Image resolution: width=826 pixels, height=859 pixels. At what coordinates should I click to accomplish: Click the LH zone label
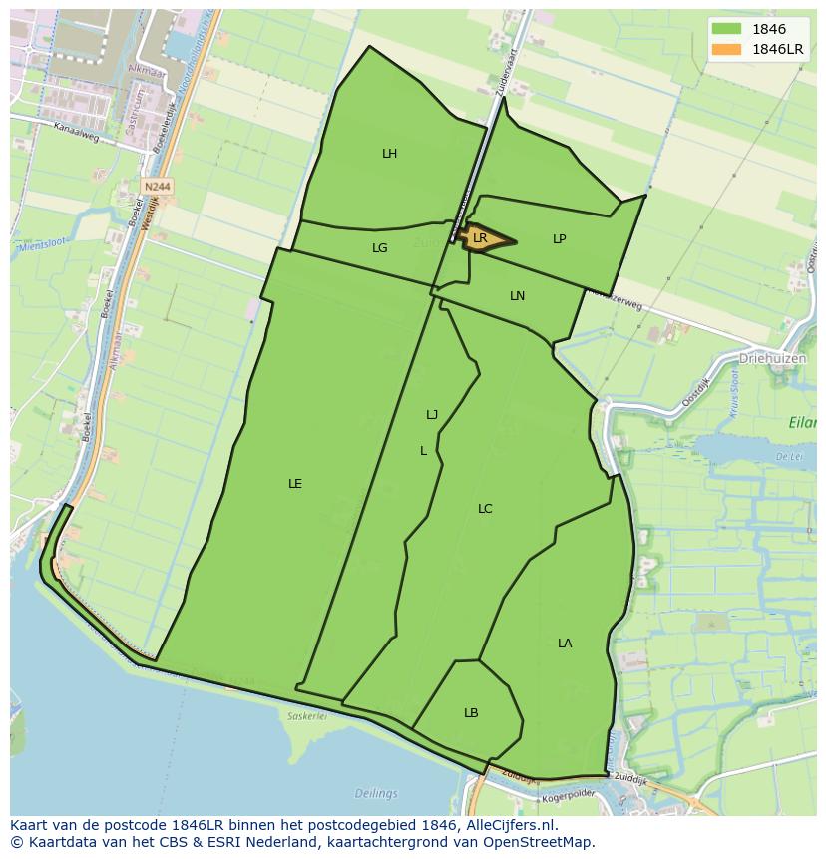[389, 154]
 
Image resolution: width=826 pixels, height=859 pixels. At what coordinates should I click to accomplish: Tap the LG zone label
[380, 248]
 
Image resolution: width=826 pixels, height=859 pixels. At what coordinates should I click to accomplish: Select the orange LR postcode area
[484, 238]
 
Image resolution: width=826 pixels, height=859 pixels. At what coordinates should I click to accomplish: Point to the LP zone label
[560, 239]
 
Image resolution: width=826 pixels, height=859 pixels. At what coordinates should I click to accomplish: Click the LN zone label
[517, 296]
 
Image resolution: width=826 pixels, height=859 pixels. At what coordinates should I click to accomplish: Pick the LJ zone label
[432, 415]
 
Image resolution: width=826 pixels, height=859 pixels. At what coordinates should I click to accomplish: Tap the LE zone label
[295, 484]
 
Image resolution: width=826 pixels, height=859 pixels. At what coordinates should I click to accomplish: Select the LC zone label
[485, 509]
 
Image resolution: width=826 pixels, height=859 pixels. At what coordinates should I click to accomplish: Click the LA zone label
[565, 644]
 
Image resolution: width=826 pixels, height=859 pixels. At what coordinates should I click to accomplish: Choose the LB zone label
[471, 713]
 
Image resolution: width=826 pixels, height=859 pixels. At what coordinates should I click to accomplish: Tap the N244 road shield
[157, 186]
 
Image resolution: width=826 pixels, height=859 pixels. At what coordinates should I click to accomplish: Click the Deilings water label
[376, 794]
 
